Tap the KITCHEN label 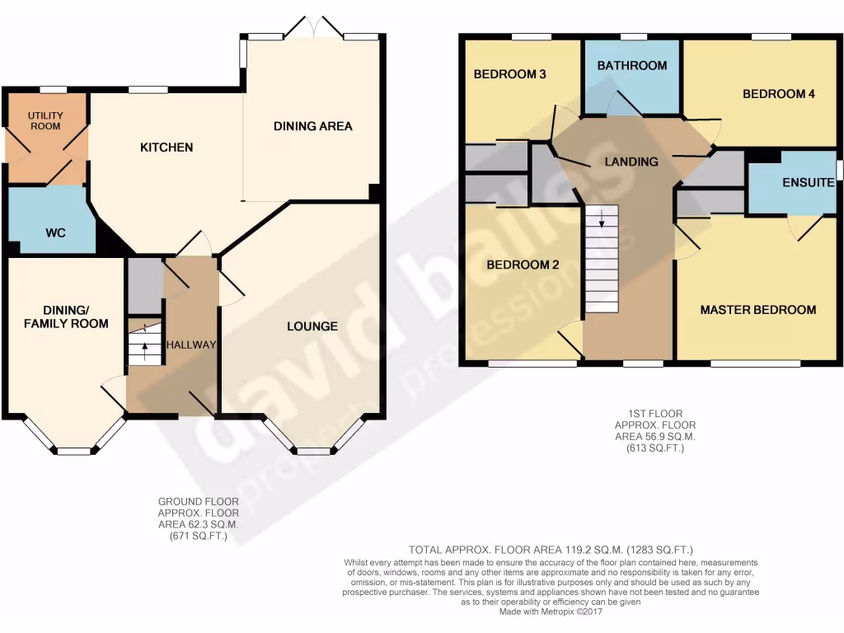[x=166, y=148]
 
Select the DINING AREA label [x=312, y=126]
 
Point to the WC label [x=55, y=233]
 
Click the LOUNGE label [x=312, y=326]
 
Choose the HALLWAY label [x=191, y=345]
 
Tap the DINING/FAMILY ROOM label [x=65, y=316]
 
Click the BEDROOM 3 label [x=509, y=74]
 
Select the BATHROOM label [x=632, y=65]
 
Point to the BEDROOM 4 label [x=778, y=94]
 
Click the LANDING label [x=631, y=162]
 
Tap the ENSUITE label [x=809, y=182]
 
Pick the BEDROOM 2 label [x=523, y=265]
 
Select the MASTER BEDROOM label [x=757, y=310]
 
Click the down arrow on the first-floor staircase [x=602, y=219]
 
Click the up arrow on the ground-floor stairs [x=145, y=344]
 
